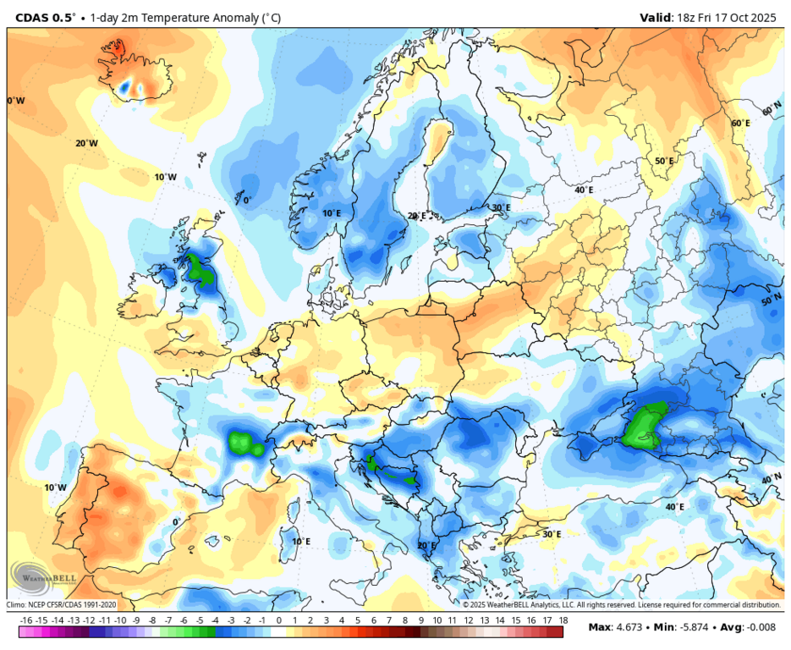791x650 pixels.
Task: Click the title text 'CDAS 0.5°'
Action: [x=45, y=17]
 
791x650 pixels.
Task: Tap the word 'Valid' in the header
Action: [x=656, y=17]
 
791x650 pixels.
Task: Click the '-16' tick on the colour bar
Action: [x=26, y=620]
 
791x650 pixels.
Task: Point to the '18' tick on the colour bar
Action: [x=563, y=620]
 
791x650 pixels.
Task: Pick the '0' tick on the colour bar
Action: [x=278, y=620]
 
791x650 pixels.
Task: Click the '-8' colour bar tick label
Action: [x=152, y=620]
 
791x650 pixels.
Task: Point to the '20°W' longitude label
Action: [x=86, y=143]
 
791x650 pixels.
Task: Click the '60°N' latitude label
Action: [x=771, y=111]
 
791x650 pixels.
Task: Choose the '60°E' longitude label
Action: [x=740, y=123]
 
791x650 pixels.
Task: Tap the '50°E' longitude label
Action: [x=664, y=161]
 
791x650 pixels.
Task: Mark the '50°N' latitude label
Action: [x=771, y=300]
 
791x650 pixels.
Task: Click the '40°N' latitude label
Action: [x=771, y=479]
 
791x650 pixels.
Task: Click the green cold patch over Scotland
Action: [x=200, y=268]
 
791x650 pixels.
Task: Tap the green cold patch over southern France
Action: [x=245, y=443]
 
